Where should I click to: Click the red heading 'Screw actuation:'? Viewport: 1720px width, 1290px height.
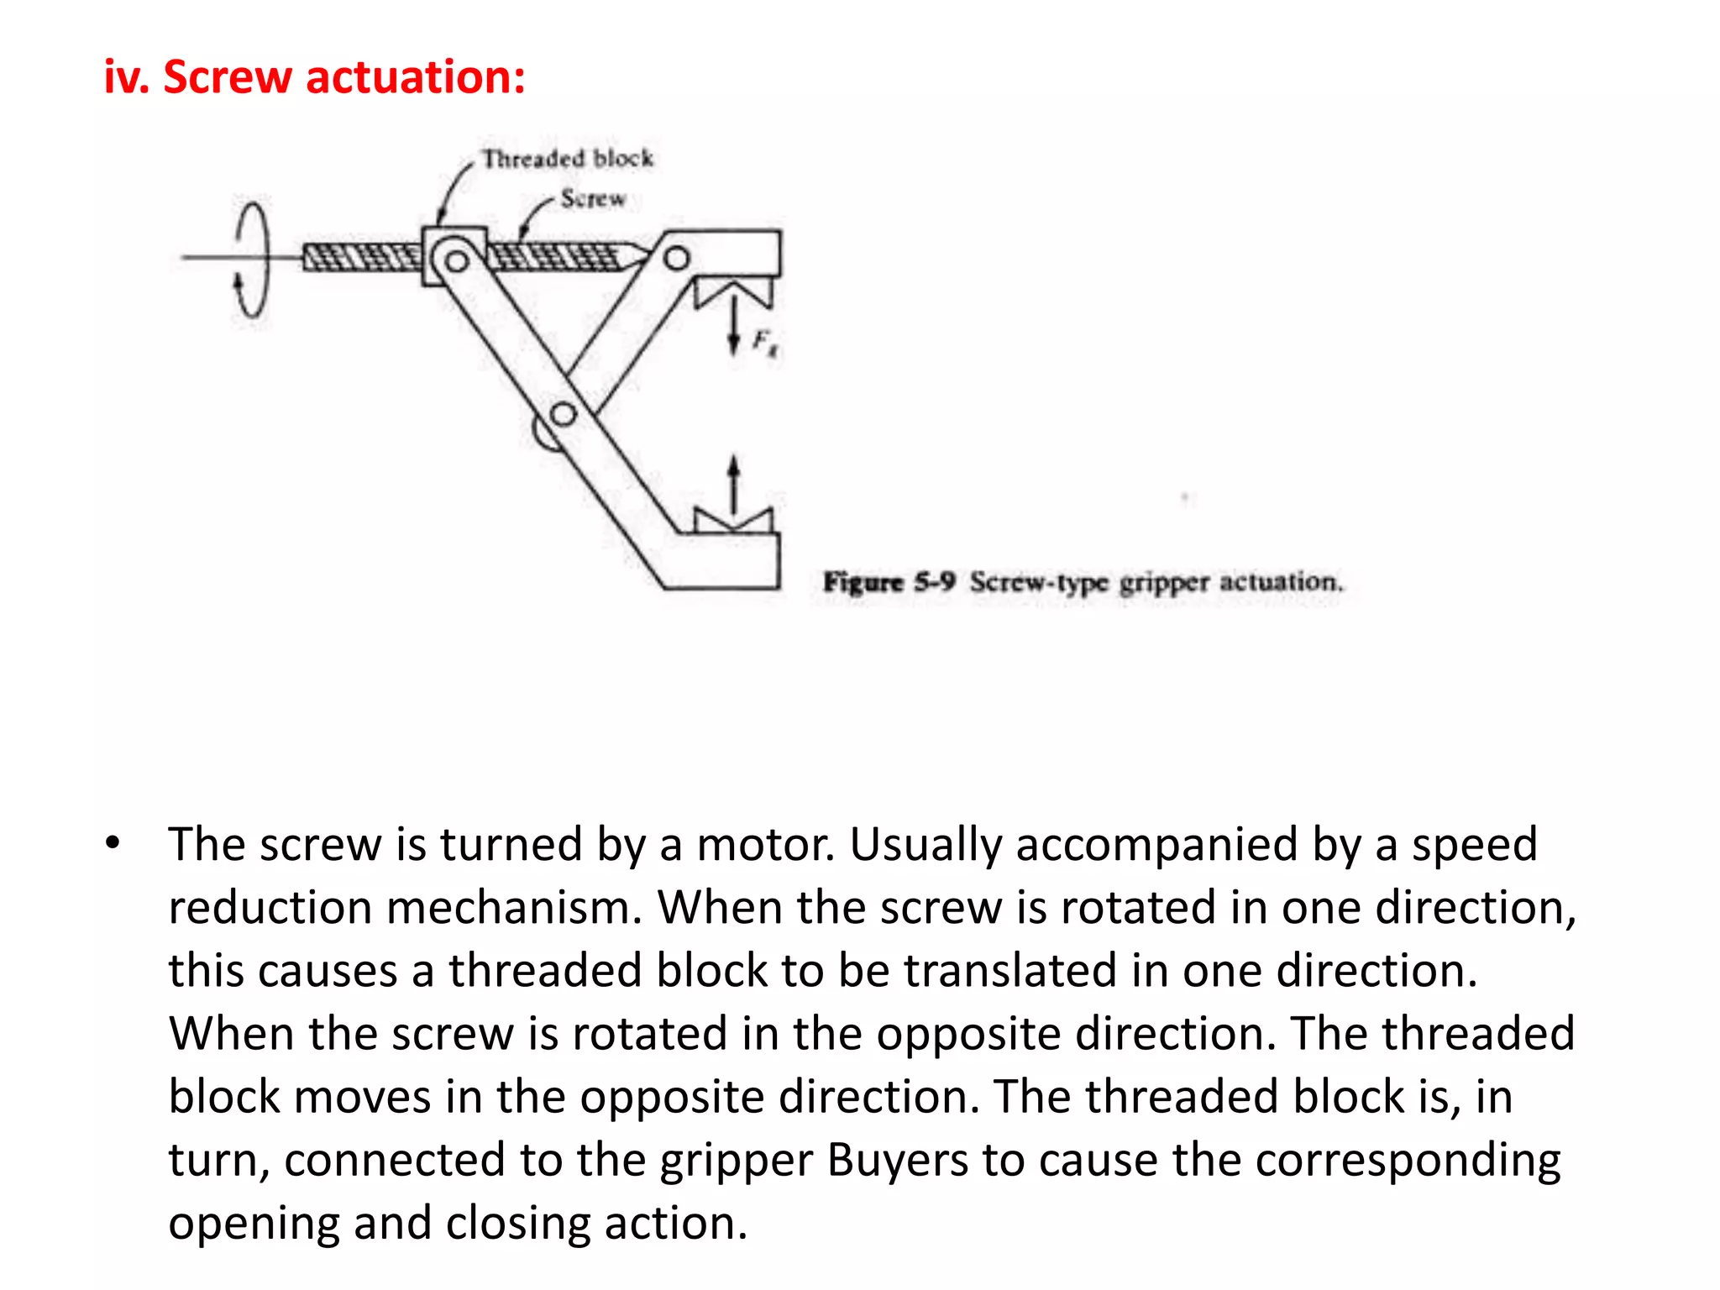click(x=343, y=77)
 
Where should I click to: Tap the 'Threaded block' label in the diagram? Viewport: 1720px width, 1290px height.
click(x=567, y=158)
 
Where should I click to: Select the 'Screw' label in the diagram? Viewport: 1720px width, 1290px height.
click(x=593, y=199)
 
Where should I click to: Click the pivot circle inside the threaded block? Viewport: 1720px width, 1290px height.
click(x=456, y=261)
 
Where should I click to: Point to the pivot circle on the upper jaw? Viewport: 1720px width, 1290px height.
click(x=676, y=258)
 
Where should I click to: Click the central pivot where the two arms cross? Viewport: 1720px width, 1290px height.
click(x=563, y=414)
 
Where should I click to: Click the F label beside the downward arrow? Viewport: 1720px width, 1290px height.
click(x=763, y=342)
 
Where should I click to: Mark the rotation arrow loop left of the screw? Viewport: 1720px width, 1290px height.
click(x=251, y=260)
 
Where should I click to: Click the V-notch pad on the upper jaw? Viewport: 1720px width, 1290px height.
click(x=734, y=294)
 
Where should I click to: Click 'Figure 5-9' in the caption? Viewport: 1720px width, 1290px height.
click(x=889, y=581)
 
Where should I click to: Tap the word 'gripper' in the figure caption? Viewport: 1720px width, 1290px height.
click(x=1164, y=583)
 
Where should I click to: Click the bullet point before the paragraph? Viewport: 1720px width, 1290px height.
click(x=113, y=842)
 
